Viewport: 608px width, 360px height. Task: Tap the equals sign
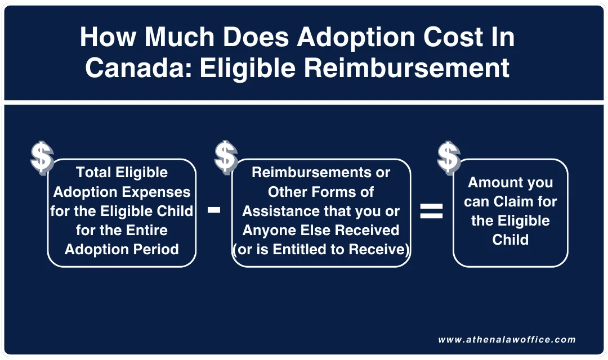point(431,211)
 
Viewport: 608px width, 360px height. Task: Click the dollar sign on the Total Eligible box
point(42,157)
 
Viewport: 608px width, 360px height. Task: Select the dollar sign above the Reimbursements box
point(226,156)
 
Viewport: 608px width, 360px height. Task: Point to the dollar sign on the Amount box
point(449,157)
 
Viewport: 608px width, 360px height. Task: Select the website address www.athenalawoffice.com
point(507,340)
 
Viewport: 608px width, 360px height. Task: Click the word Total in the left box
point(94,173)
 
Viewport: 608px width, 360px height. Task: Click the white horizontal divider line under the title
point(304,102)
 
